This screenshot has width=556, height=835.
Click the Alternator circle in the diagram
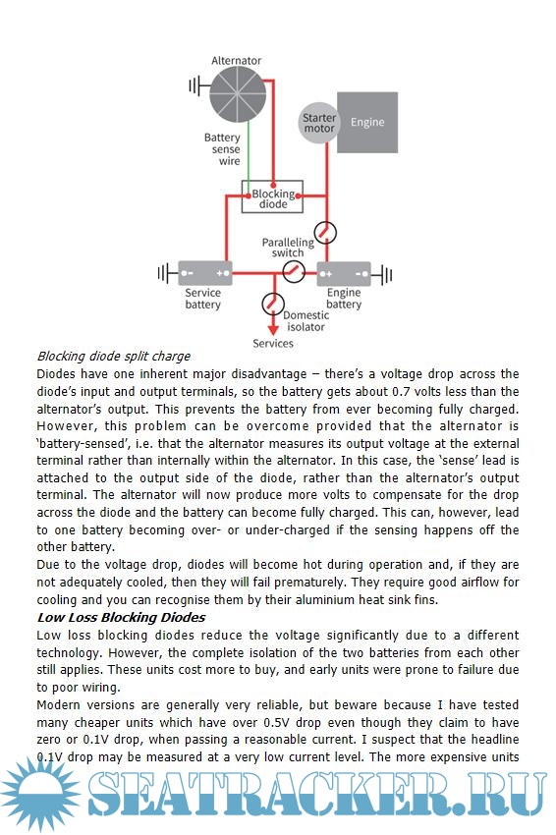pyautogui.click(x=237, y=94)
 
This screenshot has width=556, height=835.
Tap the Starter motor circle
pyautogui.click(x=319, y=123)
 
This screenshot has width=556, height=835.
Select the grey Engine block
pyautogui.click(x=367, y=122)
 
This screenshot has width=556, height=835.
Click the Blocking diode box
pyautogui.click(x=272, y=196)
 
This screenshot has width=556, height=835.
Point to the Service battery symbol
pyautogui.click(x=205, y=274)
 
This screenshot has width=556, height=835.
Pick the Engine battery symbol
pyautogui.click(x=344, y=274)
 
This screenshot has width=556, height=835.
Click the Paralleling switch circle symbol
pyautogui.click(x=294, y=271)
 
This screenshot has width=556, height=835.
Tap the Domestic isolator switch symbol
pyautogui.click(x=273, y=305)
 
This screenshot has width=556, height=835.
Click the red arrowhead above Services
pyautogui.click(x=273, y=330)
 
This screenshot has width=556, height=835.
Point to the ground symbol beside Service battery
pyautogui.click(x=167, y=274)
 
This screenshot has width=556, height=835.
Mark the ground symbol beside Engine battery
pyautogui.click(x=382, y=275)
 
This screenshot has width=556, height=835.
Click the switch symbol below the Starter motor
pyautogui.click(x=325, y=233)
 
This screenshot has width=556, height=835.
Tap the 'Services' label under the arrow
pyautogui.click(x=273, y=344)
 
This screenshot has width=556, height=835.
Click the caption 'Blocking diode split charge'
pyautogui.click(x=113, y=357)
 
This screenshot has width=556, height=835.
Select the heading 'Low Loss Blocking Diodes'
pyautogui.click(x=122, y=618)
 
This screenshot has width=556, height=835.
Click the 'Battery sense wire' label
pyautogui.click(x=223, y=149)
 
